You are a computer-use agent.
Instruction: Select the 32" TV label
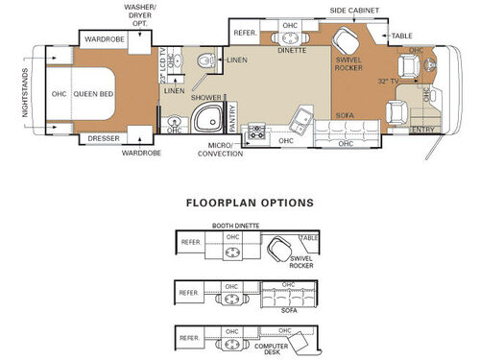pos(389,82)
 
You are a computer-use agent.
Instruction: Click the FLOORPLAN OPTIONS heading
pos(249,204)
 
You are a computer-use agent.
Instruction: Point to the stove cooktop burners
pos(256,131)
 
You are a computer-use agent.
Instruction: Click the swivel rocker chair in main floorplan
pos(345,43)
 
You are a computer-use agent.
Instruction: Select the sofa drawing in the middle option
pos(288,296)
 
